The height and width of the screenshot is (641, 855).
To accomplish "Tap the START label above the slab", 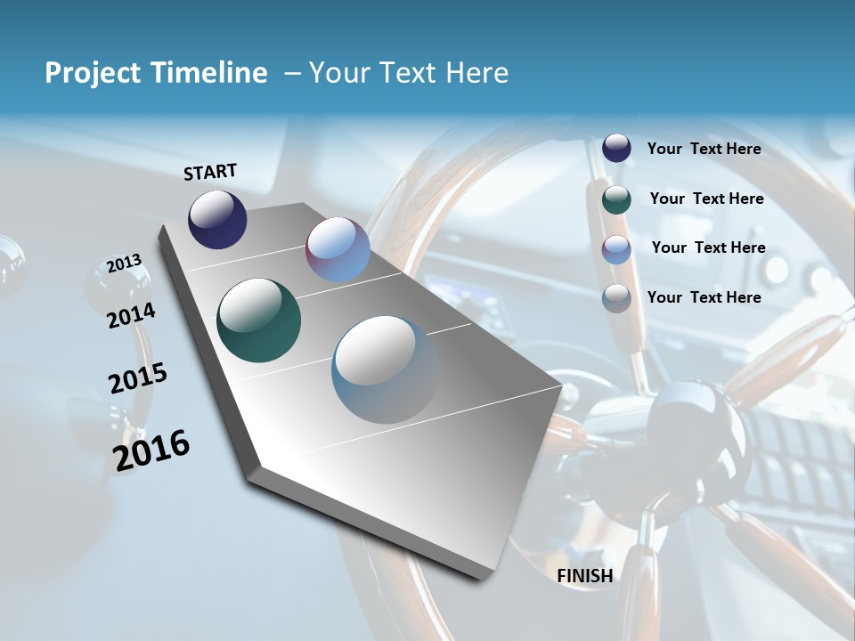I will click(210, 172).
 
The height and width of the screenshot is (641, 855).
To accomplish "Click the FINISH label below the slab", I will click(584, 576).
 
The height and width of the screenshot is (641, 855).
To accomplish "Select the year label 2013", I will click(124, 264).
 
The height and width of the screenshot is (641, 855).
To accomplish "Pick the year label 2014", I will click(131, 315).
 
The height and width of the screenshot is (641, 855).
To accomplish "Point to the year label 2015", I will click(138, 378).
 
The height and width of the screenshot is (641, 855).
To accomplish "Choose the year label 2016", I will click(151, 450).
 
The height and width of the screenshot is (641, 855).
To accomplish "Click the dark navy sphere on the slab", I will click(217, 219).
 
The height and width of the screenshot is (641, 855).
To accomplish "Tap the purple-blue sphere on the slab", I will click(338, 249).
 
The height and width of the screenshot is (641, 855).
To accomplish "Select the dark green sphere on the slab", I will click(258, 320).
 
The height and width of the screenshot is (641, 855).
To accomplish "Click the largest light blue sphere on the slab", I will click(386, 369).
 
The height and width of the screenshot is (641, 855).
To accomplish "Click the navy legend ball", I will click(616, 149).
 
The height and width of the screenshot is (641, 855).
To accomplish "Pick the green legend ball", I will click(616, 199).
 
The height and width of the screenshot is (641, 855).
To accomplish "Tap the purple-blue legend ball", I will click(616, 248).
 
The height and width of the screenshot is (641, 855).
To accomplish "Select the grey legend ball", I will click(616, 298).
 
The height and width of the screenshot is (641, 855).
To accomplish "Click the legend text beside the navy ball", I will click(704, 150).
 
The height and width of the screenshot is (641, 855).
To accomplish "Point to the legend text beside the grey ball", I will click(704, 297).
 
